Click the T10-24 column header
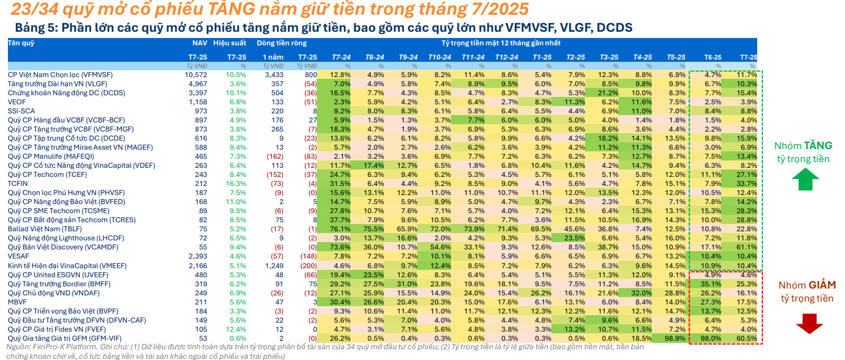point(439,57)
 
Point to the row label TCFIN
point(18,184)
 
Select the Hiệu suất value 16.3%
point(236,184)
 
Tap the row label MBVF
point(17,302)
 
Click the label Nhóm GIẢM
point(806,285)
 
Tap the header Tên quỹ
point(21,43)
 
